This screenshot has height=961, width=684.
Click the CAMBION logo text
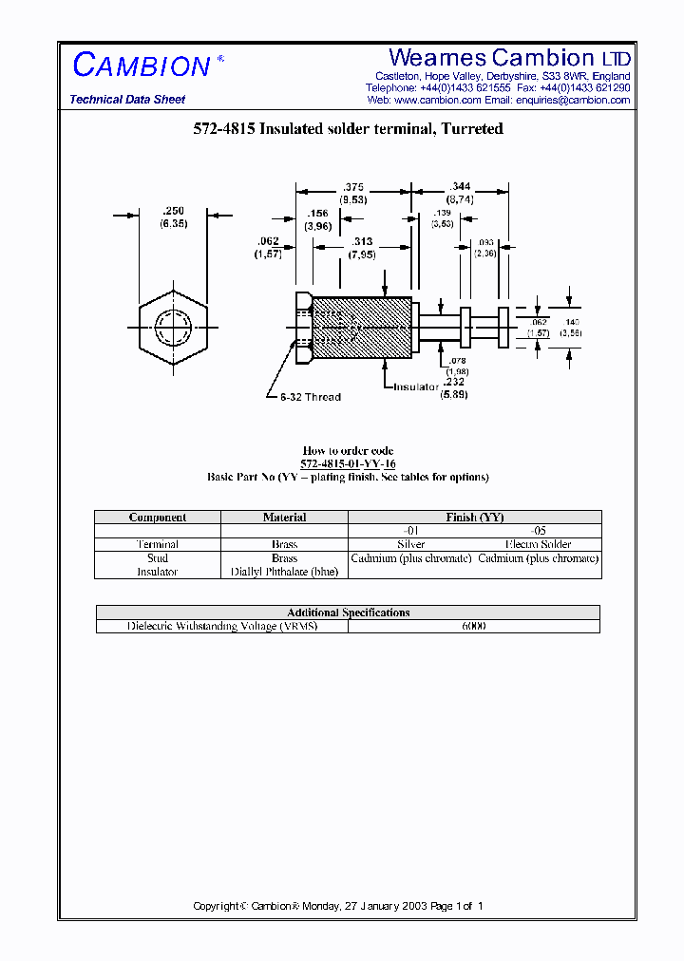[x=142, y=66]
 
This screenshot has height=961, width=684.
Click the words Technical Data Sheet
[x=127, y=100]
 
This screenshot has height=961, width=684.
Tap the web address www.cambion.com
[x=437, y=100]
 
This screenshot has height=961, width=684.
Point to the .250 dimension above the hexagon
[x=173, y=211]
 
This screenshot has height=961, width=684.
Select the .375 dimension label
[x=353, y=187]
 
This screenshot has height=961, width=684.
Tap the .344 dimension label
[x=460, y=187]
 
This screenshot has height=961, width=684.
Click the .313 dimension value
[x=361, y=241]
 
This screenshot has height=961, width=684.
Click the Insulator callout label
[x=416, y=386]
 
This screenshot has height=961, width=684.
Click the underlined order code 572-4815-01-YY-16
[x=348, y=463]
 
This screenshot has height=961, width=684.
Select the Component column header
[x=158, y=518]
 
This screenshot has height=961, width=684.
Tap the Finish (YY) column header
[x=475, y=518]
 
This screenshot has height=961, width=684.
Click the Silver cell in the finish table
[x=411, y=544]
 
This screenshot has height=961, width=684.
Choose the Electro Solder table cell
[x=539, y=544]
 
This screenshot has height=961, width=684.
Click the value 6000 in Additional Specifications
[x=473, y=627]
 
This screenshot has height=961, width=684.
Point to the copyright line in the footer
[x=338, y=906]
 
